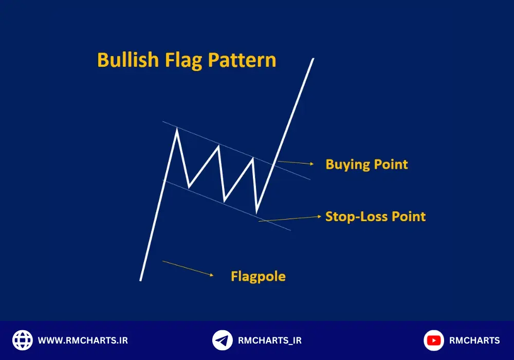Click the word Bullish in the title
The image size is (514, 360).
[128, 60]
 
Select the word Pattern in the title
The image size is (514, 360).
[242, 60]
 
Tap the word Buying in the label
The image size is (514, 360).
[347, 165]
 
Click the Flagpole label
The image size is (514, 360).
[259, 276]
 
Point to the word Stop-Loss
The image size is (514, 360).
[356, 217]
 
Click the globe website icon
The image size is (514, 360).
[23, 340]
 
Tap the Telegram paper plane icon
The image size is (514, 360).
[222, 340]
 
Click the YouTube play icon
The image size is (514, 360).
[434, 340]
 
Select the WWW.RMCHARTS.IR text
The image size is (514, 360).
[83, 340]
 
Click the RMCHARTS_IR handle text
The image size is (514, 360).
[270, 340]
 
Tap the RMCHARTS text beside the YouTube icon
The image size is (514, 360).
[474, 340]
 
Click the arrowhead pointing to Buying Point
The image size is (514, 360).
[312, 164]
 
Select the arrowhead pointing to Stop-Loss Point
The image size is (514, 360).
[319, 217]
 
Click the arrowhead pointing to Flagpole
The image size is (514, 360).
[212, 275]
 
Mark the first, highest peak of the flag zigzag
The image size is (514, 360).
[177, 129]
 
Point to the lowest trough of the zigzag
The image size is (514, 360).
[256, 212]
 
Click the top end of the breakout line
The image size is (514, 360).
[313, 59]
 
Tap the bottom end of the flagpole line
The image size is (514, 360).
[141, 280]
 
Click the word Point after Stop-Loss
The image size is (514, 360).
[409, 217]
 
